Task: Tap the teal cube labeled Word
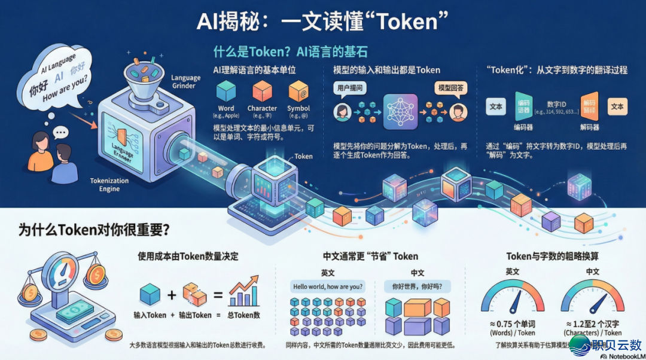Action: click(x=226, y=91)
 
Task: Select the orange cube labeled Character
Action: click(x=262, y=91)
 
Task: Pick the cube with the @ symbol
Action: click(x=298, y=91)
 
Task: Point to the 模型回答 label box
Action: click(x=450, y=88)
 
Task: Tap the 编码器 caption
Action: click(x=523, y=127)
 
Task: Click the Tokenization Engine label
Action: click(x=109, y=184)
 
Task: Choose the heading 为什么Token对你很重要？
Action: click(x=95, y=230)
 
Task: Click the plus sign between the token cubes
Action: click(x=172, y=295)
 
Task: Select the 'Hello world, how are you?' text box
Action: click(x=328, y=286)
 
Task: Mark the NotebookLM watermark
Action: click(x=622, y=355)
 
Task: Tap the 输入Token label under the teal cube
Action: click(x=150, y=315)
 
